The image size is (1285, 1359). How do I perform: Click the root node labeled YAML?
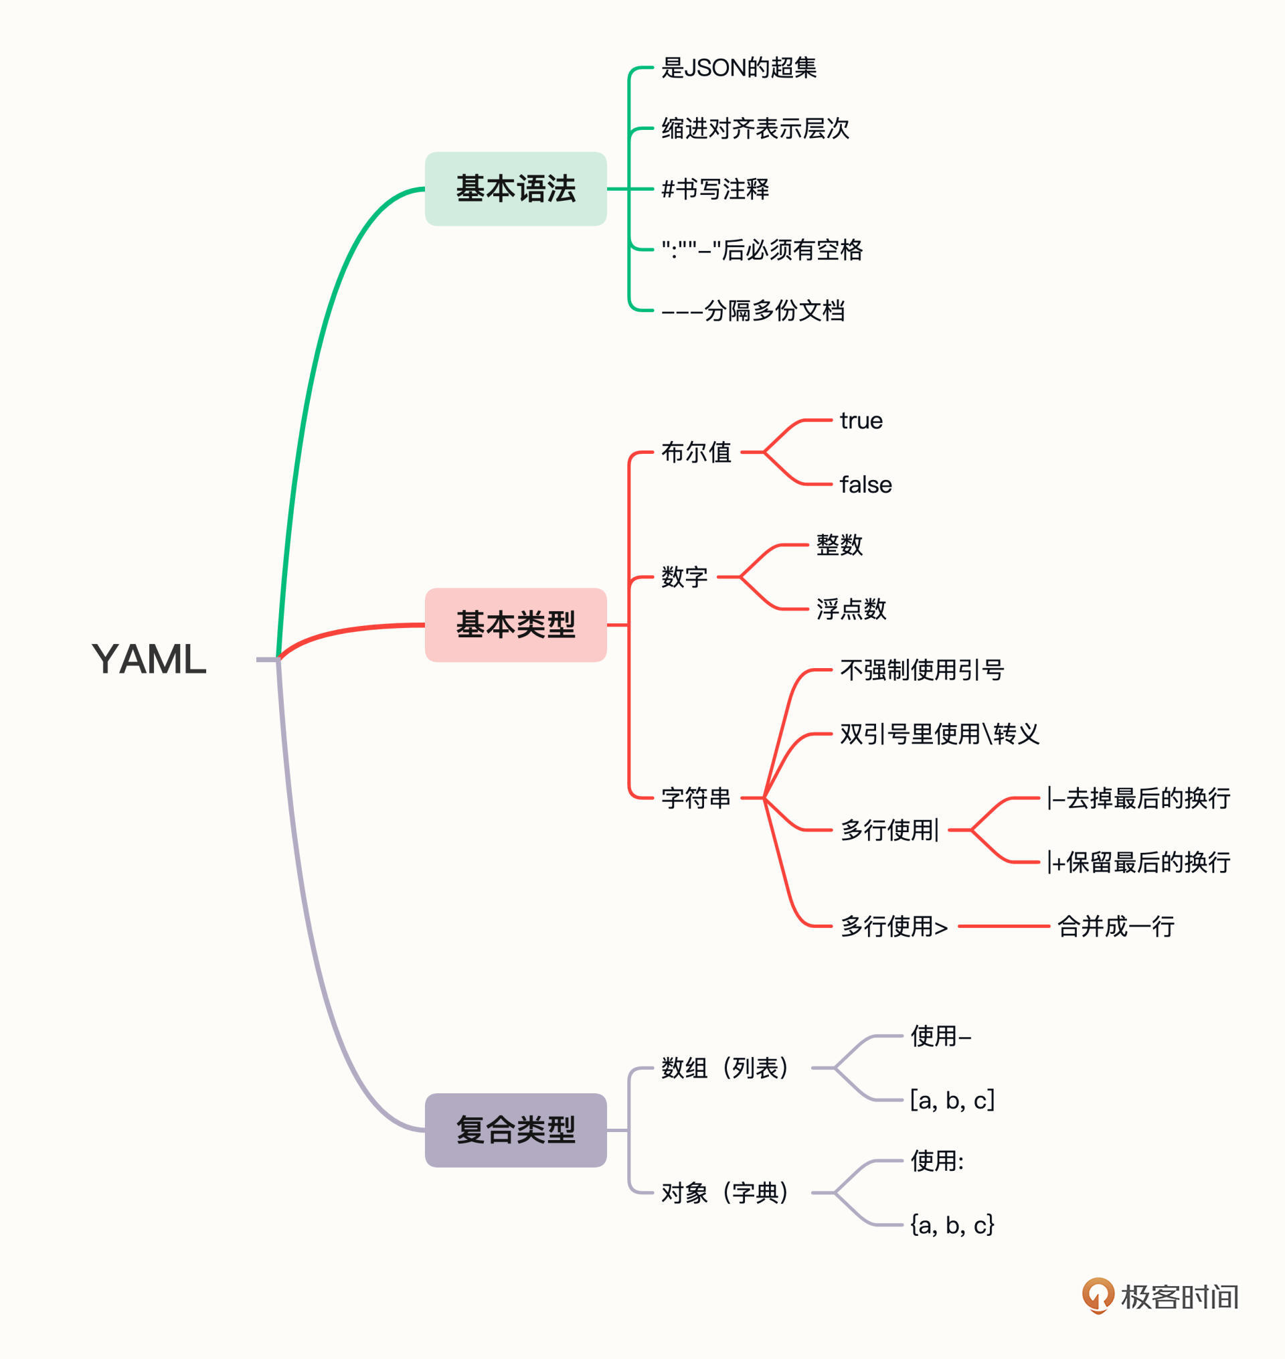click(149, 659)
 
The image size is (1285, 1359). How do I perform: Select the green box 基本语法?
click(515, 189)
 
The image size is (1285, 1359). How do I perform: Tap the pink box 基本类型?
click(515, 625)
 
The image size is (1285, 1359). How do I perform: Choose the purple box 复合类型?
click(515, 1130)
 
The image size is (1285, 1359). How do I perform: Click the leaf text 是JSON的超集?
click(738, 68)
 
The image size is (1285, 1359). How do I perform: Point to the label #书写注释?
click(714, 189)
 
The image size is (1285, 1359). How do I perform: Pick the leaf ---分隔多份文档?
click(753, 311)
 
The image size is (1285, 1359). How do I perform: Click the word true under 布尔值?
click(861, 420)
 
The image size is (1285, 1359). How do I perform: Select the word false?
click(866, 485)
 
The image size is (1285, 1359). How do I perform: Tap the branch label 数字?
click(683, 577)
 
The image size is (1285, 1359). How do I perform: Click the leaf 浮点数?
click(851, 609)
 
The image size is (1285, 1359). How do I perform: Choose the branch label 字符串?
click(695, 798)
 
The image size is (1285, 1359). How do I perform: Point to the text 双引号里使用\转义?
click(939, 734)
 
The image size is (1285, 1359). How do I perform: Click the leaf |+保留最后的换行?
click(1138, 862)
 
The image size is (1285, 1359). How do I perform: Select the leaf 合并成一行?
click(1116, 927)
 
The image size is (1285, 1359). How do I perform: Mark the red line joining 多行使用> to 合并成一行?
click(1003, 927)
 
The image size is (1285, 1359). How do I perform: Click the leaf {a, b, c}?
click(952, 1225)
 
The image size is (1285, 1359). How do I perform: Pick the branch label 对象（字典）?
click(725, 1193)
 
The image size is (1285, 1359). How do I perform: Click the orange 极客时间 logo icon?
click(1098, 1295)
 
